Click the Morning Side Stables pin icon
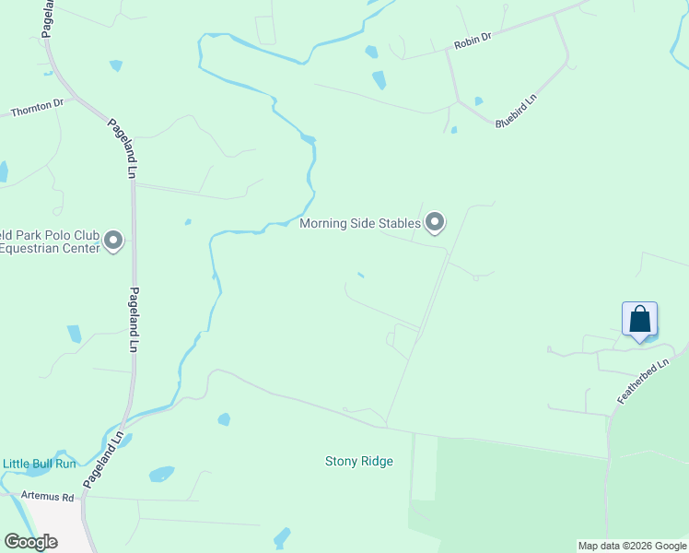435,222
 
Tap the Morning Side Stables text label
360,223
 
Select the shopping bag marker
639,321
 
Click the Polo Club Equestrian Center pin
113,241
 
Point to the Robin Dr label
473,42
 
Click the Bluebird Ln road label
516,110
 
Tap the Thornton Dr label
37,110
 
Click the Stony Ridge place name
358,461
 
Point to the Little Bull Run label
40,464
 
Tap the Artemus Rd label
45,496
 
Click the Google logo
31,542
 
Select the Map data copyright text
632,546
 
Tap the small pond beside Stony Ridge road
224,419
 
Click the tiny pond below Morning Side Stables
360,274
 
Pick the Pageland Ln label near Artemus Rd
103,458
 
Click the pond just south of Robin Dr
379,80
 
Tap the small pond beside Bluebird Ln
477,101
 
